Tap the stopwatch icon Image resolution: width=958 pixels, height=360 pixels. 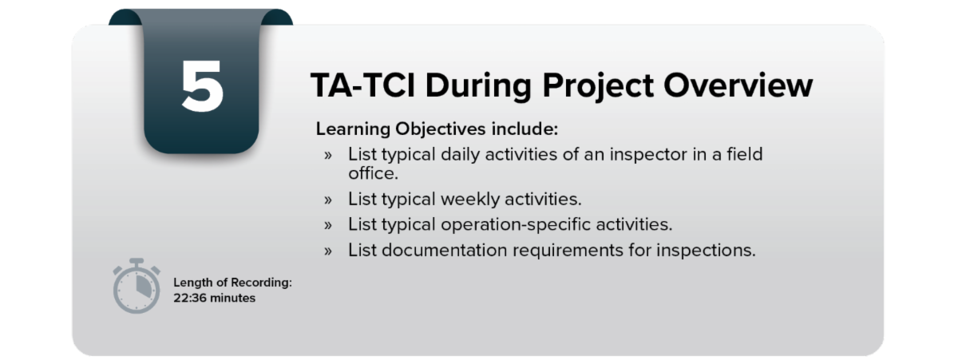coord(137,286)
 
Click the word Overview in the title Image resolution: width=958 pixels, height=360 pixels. coord(738,85)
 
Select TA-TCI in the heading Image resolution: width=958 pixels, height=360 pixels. coord(362,85)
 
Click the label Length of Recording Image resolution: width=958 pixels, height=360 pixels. coord(232,283)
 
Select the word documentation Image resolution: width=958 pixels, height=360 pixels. coord(444,250)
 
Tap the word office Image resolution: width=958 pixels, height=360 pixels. coord(373,173)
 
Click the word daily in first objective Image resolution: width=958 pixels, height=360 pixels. coord(460,155)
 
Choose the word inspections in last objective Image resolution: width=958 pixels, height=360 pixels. coord(706,251)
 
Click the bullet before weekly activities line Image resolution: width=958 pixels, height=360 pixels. coord(328,200)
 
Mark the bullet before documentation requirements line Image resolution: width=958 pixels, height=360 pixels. coord(328,251)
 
